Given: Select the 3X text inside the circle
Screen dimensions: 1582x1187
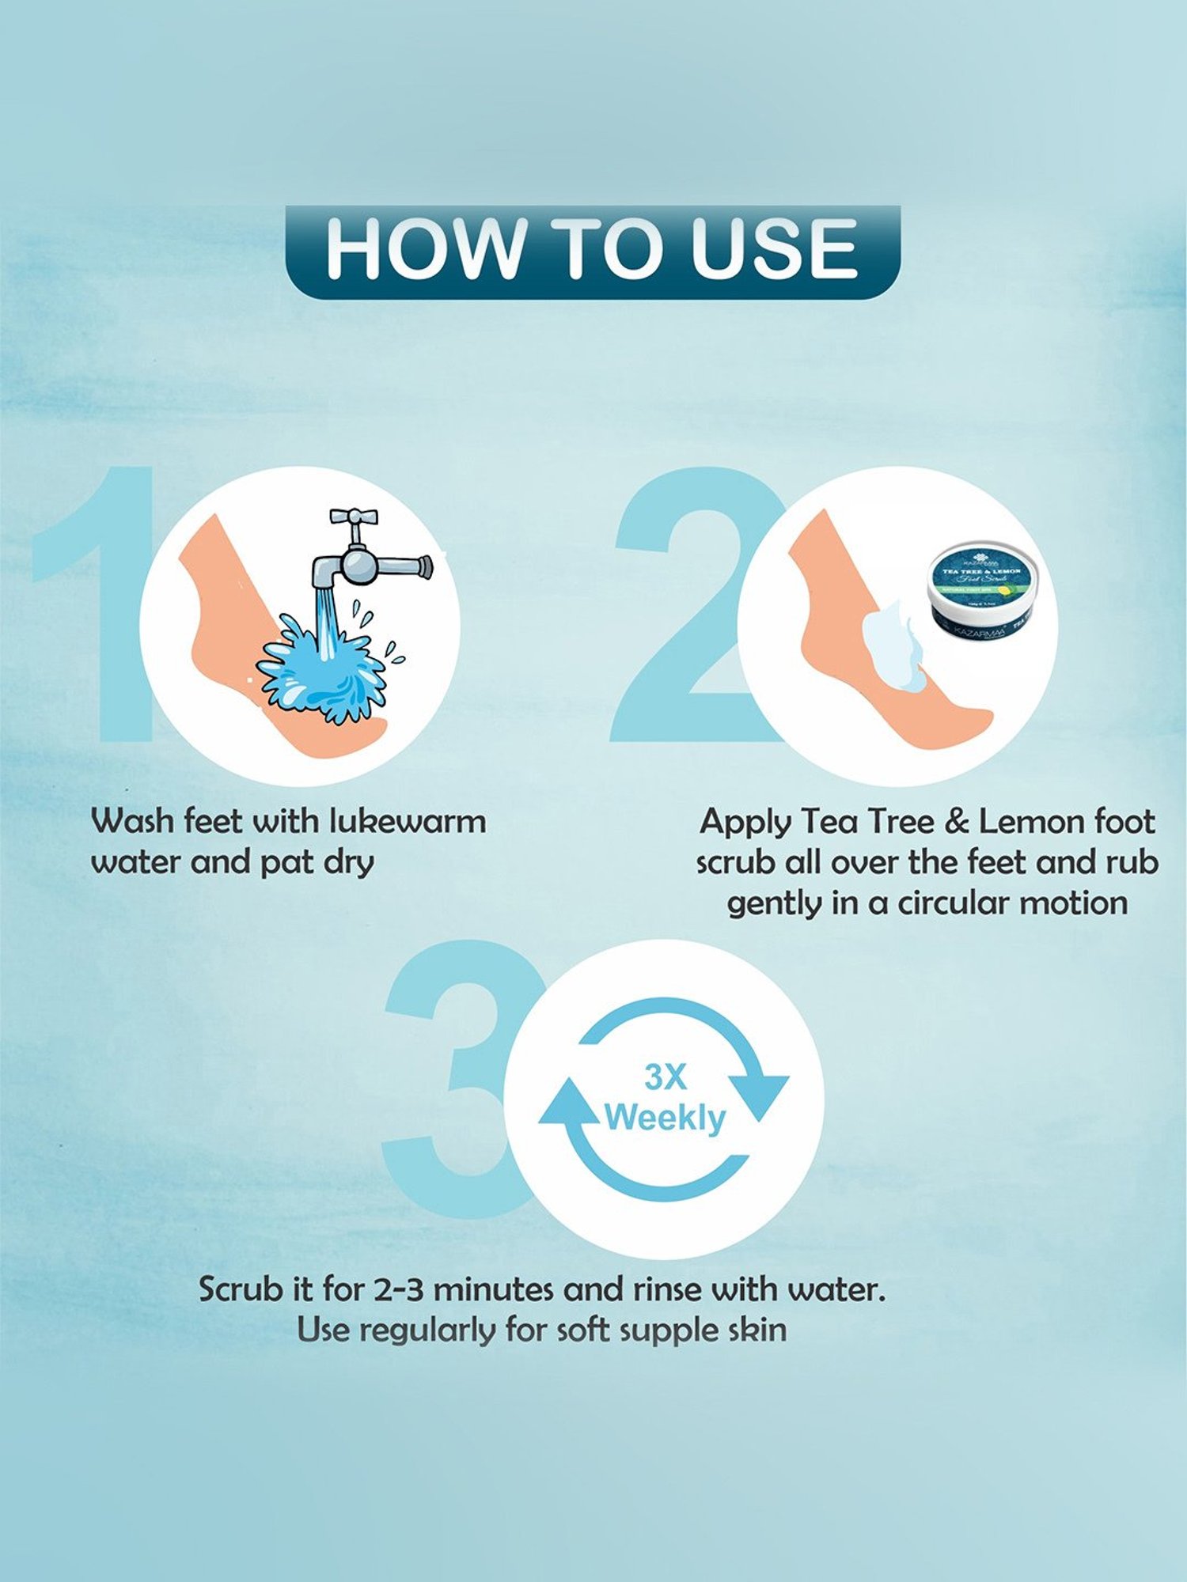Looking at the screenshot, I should pyautogui.click(x=666, y=1077).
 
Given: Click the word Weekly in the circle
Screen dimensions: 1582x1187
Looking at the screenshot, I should pyautogui.click(x=665, y=1118).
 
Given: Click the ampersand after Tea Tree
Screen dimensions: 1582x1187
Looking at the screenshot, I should pyautogui.click(x=956, y=822).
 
